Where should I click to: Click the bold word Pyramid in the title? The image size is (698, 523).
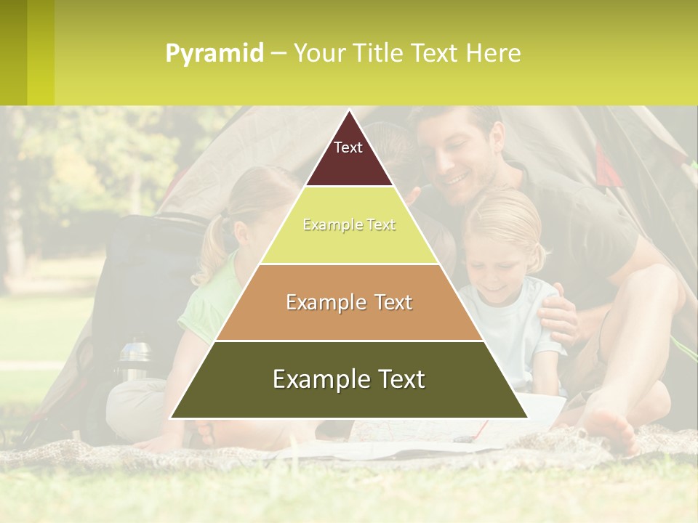click(x=214, y=54)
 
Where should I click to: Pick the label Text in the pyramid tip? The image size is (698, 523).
click(x=348, y=147)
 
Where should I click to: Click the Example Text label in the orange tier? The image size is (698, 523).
click(x=349, y=302)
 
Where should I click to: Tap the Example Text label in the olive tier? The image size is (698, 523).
click(x=349, y=379)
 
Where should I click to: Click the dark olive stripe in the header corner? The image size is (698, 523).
click(x=13, y=52)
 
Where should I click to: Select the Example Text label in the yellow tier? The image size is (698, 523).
click(x=349, y=225)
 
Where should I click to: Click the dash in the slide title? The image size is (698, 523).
click(x=278, y=54)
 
